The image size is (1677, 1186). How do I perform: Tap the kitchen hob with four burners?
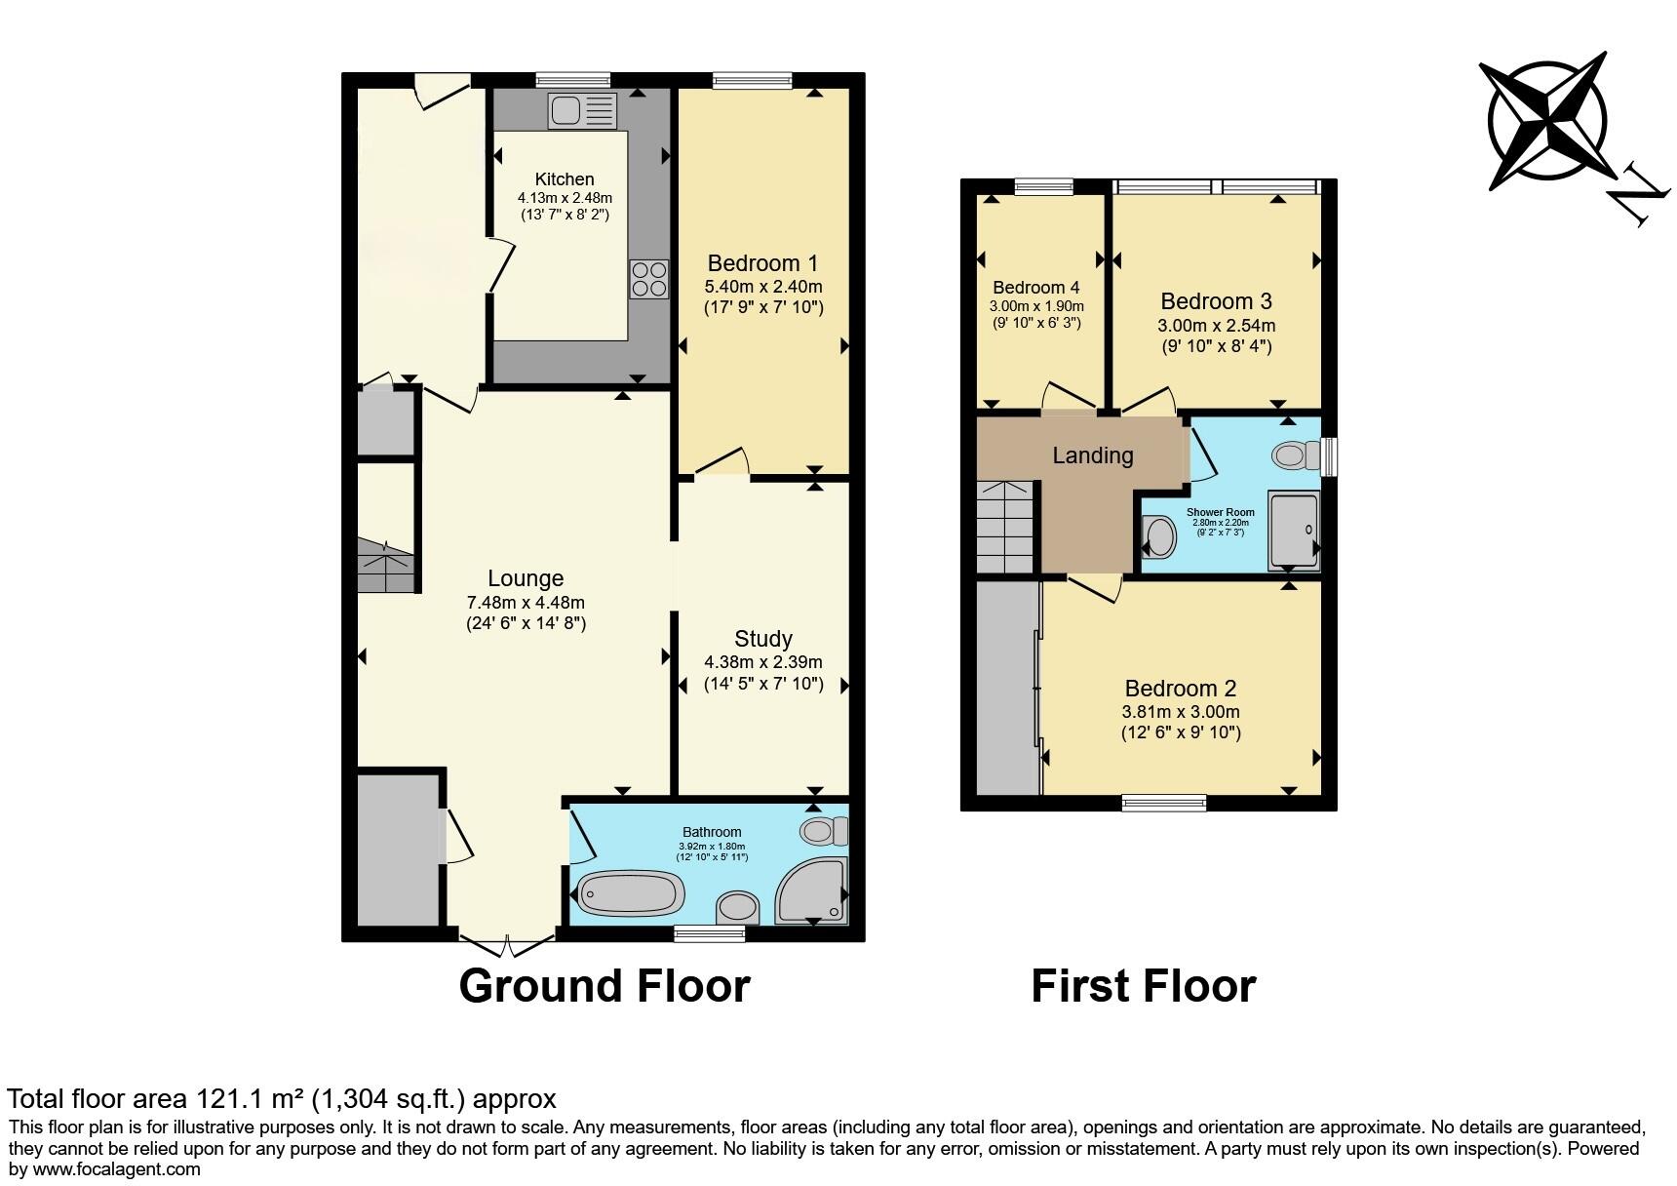[x=648, y=279]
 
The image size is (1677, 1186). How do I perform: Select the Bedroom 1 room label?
[x=762, y=263]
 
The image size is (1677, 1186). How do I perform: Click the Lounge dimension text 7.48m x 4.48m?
[x=526, y=602]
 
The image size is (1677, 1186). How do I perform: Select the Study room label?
[x=762, y=639]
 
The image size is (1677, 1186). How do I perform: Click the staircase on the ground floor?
[x=385, y=566]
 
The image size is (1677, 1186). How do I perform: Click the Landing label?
[x=1092, y=455]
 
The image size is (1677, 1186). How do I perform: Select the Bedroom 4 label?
[x=1035, y=288]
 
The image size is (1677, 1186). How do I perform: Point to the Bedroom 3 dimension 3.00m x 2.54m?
[x=1216, y=325]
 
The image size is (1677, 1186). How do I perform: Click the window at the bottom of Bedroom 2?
[x=1164, y=803]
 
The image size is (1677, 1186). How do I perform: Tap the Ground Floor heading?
[x=604, y=986]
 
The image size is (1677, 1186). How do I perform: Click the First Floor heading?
[x=1143, y=986]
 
